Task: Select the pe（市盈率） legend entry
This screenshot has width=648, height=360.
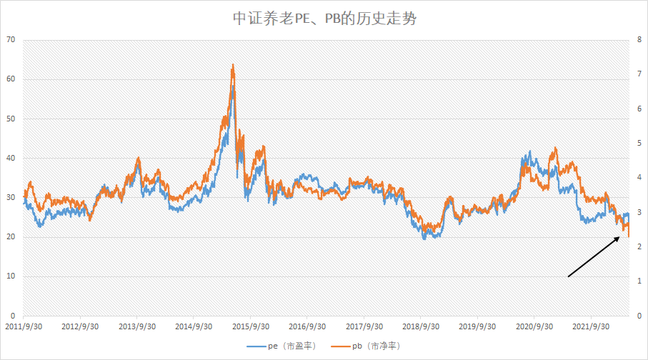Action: tap(282, 346)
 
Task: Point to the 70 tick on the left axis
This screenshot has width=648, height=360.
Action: tap(10, 39)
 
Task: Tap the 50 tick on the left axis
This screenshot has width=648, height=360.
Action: tap(10, 119)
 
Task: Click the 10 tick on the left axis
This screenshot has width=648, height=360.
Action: tap(10, 276)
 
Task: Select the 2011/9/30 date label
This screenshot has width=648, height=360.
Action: tap(23, 326)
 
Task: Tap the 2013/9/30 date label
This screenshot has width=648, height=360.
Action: tap(136, 326)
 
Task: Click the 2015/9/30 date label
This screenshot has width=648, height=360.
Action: tap(250, 326)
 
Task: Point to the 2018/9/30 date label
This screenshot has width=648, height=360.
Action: tap(421, 326)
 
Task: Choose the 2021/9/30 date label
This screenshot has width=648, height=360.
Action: tap(591, 326)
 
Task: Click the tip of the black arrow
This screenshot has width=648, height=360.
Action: tap(620, 236)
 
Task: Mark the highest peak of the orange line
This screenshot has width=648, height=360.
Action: tap(233, 65)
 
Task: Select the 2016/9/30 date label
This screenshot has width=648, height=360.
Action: tap(307, 326)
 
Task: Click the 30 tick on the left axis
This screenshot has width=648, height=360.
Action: tap(10, 198)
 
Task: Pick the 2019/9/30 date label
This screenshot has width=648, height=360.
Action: tap(477, 326)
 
